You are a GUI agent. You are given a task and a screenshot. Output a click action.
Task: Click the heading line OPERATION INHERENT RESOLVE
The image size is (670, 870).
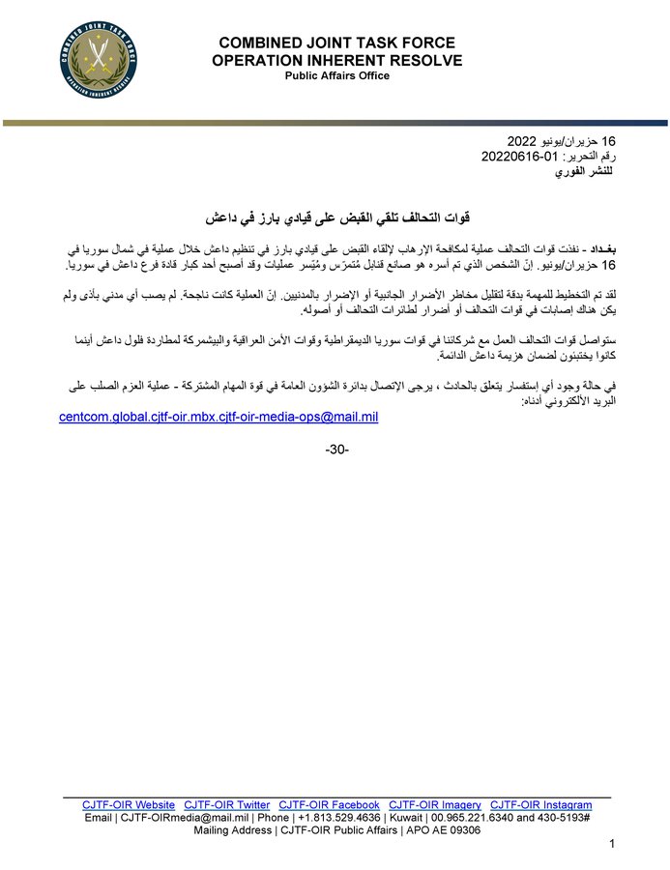(336, 61)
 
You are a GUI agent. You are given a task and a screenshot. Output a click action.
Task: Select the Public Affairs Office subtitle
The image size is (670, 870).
(336, 76)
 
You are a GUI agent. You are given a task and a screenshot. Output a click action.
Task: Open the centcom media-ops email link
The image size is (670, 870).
(218, 417)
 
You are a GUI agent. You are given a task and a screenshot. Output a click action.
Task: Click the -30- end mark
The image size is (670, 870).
(335, 450)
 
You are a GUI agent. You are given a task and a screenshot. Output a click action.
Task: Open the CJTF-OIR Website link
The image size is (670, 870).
(129, 804)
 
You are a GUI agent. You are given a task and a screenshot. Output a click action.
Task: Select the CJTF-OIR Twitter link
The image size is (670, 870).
(227, 804)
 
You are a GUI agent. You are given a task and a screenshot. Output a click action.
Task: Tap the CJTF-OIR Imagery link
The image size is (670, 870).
(435, 804)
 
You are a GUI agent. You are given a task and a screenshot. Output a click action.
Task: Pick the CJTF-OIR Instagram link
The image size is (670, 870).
(540, 804)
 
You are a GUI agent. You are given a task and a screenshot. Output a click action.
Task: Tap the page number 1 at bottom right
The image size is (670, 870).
(612, 846)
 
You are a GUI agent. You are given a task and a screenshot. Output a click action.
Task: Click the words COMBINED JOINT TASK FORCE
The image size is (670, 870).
(336, 44)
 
